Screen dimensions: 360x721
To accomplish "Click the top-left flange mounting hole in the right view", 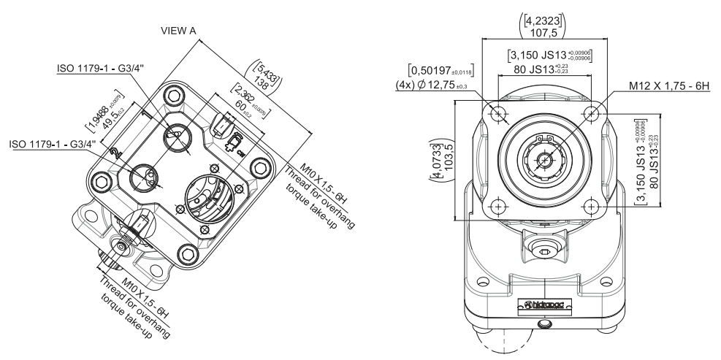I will click(498, 113).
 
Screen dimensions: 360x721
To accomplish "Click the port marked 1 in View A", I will click(177, 135).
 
